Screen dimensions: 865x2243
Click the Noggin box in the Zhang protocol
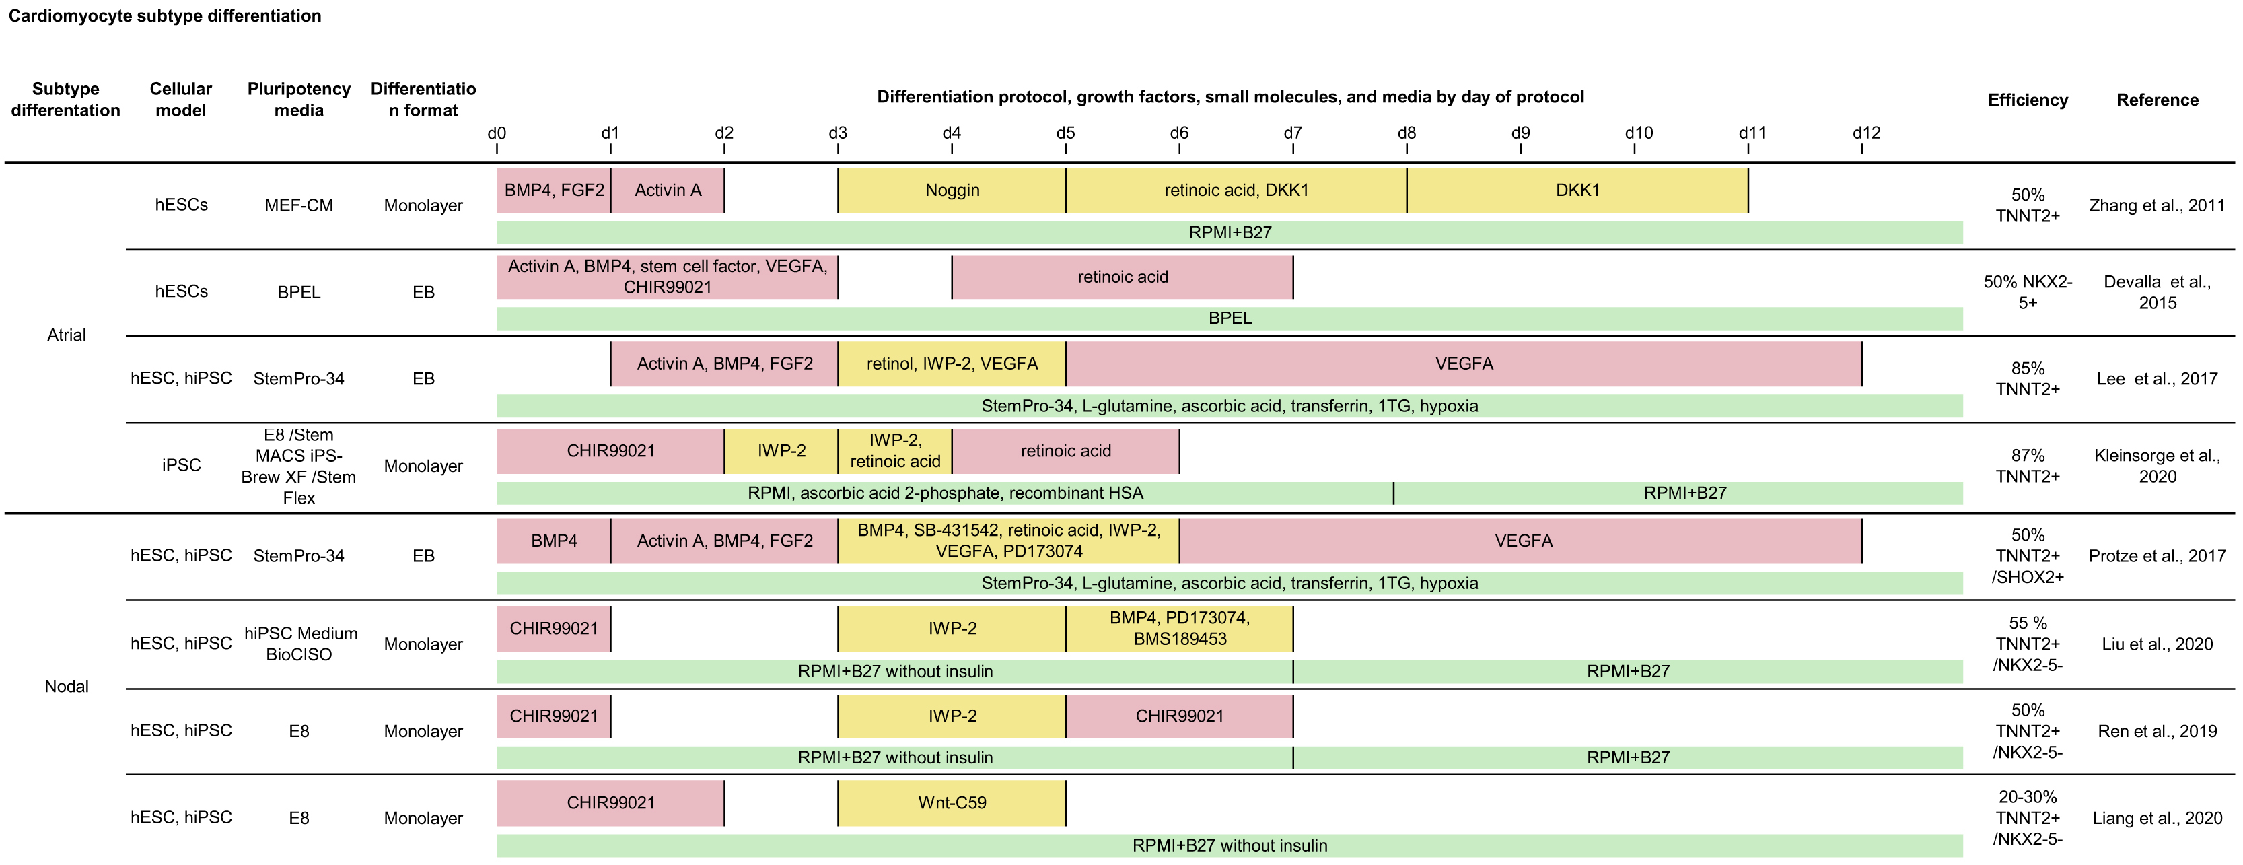(952, 190)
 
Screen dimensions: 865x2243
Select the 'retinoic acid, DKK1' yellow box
(1236, 190)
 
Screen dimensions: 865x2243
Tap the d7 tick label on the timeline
(1292, 133)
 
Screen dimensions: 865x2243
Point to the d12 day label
(1866, 133)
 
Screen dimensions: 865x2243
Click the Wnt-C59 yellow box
(952, 802)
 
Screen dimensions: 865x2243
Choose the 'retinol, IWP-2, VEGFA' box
(952, 364)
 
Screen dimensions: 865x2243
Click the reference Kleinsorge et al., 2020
(2157, 466)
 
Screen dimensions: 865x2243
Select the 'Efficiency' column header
(2027, 100)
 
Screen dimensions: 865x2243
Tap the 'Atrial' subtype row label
(66, 335)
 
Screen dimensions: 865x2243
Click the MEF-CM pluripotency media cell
(299, 205)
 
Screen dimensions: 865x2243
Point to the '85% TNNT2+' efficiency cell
(2027, 379)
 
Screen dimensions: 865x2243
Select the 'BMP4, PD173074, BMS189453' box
(1179, 628)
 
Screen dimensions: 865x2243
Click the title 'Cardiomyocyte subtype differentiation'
(165, 15)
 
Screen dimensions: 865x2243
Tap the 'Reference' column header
(2157, 100)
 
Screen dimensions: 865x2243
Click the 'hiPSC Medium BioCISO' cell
(299, 644)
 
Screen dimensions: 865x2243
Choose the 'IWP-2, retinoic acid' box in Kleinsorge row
(894, 450)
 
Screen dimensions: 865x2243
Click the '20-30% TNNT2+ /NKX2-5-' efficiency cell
(2027, 818)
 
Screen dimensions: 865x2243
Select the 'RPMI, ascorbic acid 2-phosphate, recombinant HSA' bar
(945, 493)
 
